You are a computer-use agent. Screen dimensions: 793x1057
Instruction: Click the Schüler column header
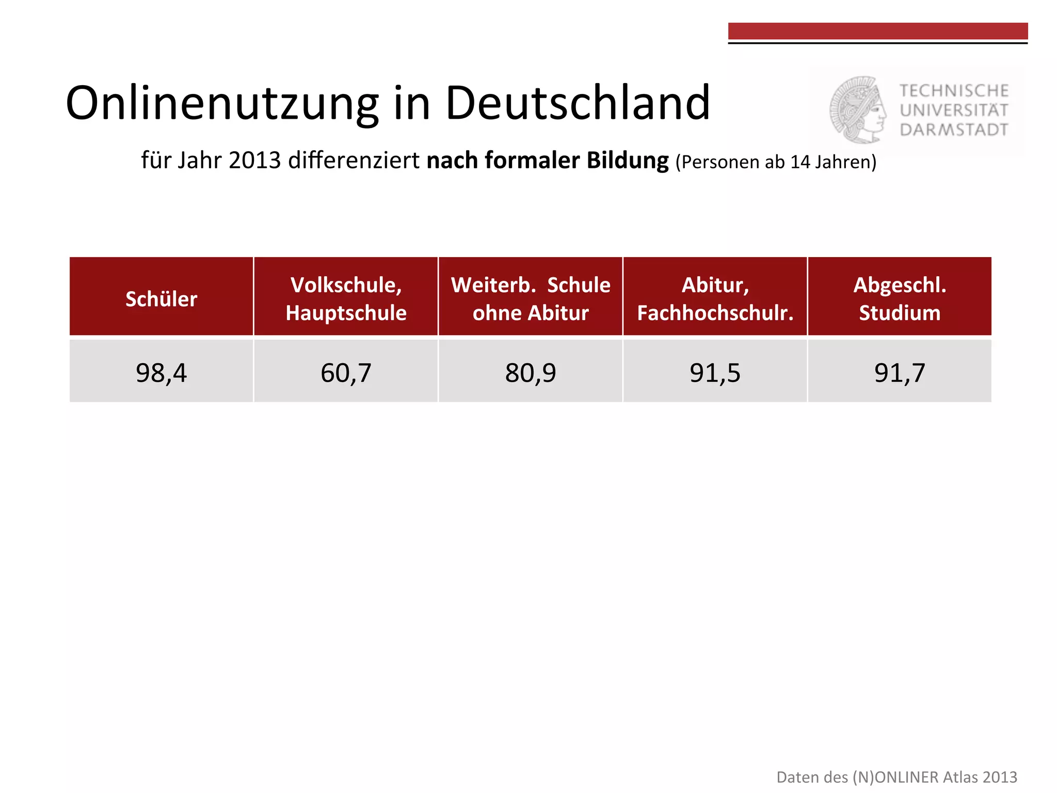[x=161, y=299]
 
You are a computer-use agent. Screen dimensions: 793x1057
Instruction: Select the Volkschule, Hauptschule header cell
[x=346, y=299]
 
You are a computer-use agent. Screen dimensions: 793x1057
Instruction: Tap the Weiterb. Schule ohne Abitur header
[x=531, y=299]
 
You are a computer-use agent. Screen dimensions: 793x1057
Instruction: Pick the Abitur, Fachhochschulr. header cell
[x=715, y=299]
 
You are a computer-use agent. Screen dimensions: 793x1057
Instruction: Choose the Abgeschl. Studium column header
[x=900, y=299]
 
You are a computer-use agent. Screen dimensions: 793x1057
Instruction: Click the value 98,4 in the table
[x=161, y=372]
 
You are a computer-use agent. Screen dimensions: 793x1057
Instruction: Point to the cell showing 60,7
[x=346, y=372]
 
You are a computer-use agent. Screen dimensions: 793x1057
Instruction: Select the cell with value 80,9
[x=531, y=372]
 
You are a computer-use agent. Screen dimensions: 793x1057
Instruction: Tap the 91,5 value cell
[x=715, y=372]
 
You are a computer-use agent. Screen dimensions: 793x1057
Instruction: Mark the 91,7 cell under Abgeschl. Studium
[x=900, y=372]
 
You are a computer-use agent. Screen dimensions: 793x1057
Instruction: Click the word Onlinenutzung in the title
[x=222, y=103]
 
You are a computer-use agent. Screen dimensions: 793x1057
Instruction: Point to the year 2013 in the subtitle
[x=255, y=161]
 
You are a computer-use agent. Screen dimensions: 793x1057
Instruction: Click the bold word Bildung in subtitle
[x=628, y=161]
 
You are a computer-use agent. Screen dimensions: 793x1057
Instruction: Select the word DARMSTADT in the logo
[x=954, y=130]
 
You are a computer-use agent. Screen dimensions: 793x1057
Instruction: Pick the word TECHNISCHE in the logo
[x=954, y=91]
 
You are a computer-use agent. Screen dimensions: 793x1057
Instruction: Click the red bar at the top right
[x=877, y=31]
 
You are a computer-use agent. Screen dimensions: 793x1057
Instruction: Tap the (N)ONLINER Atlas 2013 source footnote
[x=896, y=777]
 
